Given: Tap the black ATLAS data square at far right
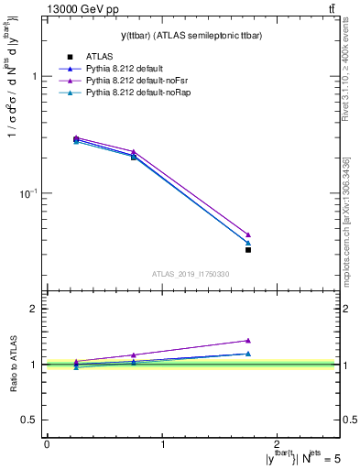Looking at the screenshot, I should click(x=248, y=249).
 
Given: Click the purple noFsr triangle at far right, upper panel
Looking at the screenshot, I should click(x=248, y=234).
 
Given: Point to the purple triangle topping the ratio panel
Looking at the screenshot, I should click(x=248, y=341).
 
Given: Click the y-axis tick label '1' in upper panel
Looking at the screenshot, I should click(x=36, y=77).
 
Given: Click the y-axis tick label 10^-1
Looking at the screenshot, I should click(x=30, y=193).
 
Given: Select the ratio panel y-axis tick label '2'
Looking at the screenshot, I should click(x=36, y=309).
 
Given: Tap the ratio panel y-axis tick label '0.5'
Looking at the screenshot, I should click(x=30, y=420).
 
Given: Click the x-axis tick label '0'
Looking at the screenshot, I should click(x=47, y=443).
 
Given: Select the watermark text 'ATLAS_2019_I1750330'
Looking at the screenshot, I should click(x=191, y=275).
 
